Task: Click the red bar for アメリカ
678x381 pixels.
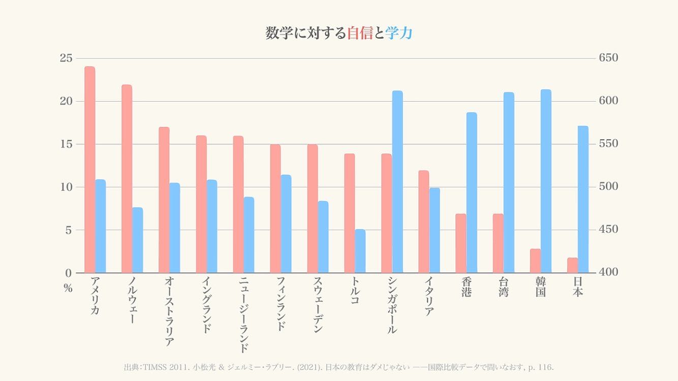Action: tap(89, 170)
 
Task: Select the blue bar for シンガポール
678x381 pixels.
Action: tap(397, 181)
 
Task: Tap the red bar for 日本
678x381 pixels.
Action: tap(572, 265)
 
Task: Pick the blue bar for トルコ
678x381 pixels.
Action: tap(360, 251)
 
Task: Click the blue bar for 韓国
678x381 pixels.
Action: tap(546, 181)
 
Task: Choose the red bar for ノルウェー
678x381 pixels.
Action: tap(127, 178)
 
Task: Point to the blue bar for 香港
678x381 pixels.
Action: tap(472, 193)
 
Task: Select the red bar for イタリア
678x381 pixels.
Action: tap(424, 221)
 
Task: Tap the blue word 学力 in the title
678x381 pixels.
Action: tap(399, 33)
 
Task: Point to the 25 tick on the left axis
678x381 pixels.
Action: tap(66, 58)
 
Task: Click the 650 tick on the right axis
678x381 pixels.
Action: tap(609, 58)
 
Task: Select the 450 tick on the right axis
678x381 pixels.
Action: tap(609, 230)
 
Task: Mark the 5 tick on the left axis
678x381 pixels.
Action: tap(69, 230)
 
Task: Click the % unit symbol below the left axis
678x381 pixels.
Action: tap(68, 289)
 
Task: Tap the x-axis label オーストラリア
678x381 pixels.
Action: tap(169, 311)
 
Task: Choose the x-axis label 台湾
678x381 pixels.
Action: tap(503, 287)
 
